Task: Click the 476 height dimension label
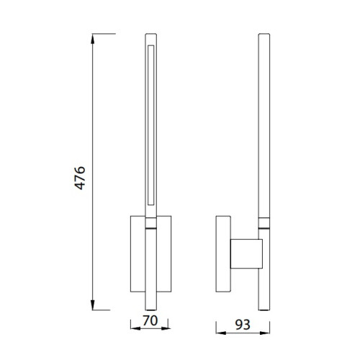click(x=80, y=178)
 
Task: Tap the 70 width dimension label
click(x=150, y=320)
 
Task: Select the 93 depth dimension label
click(x=243, y=325)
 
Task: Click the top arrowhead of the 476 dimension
click(x=93, y=39)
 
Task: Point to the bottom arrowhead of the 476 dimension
click(x=93, y=305)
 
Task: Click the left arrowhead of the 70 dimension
click(x=135, y=328)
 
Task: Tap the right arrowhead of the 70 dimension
click(x=166, y=328)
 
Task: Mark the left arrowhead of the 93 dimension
click(x=221, y=333)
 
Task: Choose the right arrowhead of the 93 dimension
click(x=265, y=333)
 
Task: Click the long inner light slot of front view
click(x=151, y=125)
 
